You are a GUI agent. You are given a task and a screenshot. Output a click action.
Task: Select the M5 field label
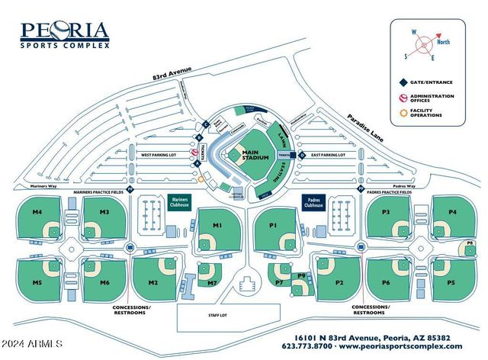[37, 283]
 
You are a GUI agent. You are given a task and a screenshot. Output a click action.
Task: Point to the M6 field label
[104, 283]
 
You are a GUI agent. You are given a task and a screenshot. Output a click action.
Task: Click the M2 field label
[152, 283]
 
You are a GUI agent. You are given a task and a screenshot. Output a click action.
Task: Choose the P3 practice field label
[386, 211]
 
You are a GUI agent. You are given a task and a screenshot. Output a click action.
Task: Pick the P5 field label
[451, 283]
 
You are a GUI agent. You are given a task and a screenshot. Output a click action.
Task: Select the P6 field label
[386, 283]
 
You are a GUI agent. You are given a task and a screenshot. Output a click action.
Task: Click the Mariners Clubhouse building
[179, 204]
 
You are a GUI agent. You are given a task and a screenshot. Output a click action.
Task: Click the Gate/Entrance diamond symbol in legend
[402, 80]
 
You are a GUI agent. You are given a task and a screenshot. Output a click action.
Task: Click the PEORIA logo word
[65, 31]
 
